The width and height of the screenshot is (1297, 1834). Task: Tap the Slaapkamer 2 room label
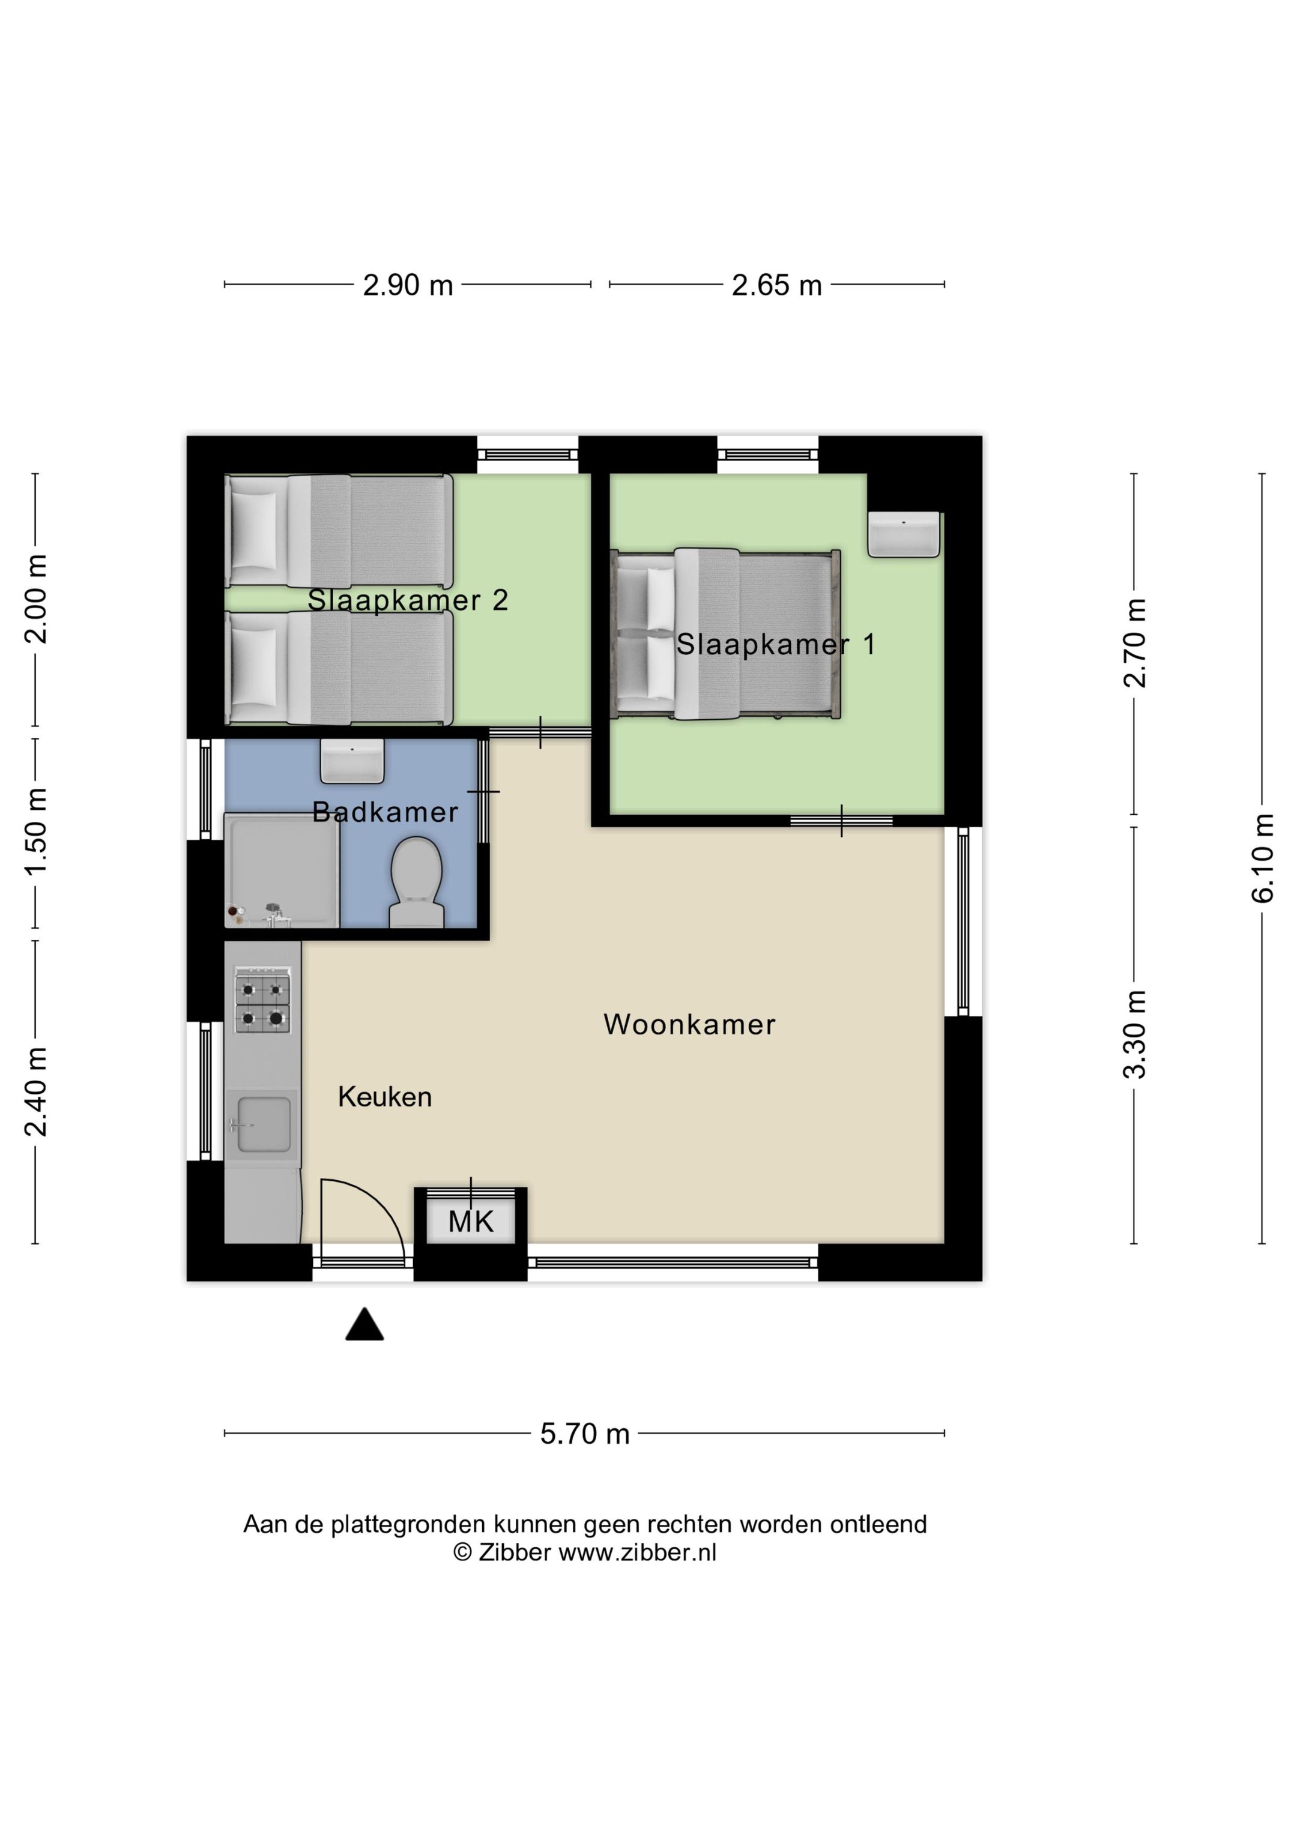[x=408, y=600]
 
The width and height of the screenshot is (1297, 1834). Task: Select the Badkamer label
[x=384, y=812]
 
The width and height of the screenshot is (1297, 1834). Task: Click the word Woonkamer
[x=689, y=1024]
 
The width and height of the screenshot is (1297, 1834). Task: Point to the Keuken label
[x=384, y=1097]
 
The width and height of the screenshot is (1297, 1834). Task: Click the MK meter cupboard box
[x=471, y=1221]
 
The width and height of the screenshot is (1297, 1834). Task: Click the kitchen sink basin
[x=264, y=1124]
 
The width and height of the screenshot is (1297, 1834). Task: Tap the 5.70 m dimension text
[x=584, y=1434]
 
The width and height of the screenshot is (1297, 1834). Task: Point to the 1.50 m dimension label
[x=36, y=831]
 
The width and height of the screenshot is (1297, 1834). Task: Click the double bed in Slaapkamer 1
[x=725, y=633]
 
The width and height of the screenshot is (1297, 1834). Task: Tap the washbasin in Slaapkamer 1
[x=904, y=534]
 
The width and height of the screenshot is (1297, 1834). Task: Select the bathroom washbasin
[x=352, y=761]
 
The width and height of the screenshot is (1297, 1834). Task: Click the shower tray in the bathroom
[x=281, y=870]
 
